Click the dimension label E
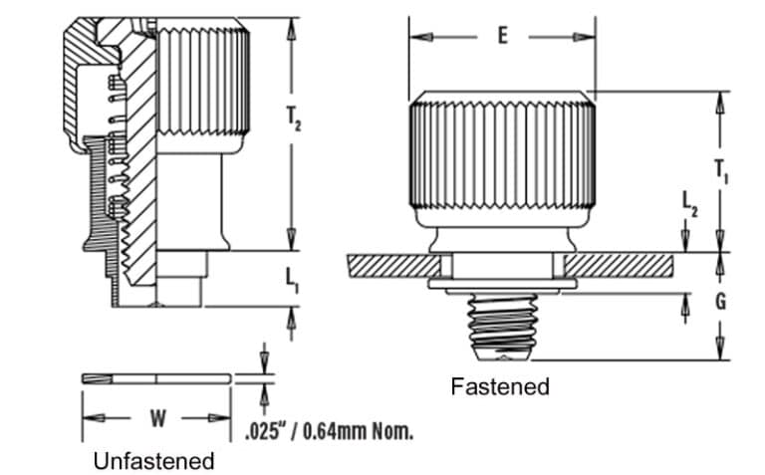(x=502, y=37)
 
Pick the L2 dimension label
(x=689, y=205)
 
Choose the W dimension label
(x=157, y=418)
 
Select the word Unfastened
(x=153, y=461)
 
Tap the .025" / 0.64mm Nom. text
(x=328, y=431)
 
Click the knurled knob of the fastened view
(x=502, y=149)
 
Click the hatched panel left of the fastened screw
(x=392, y=266)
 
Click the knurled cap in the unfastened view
(x=204, y=85)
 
